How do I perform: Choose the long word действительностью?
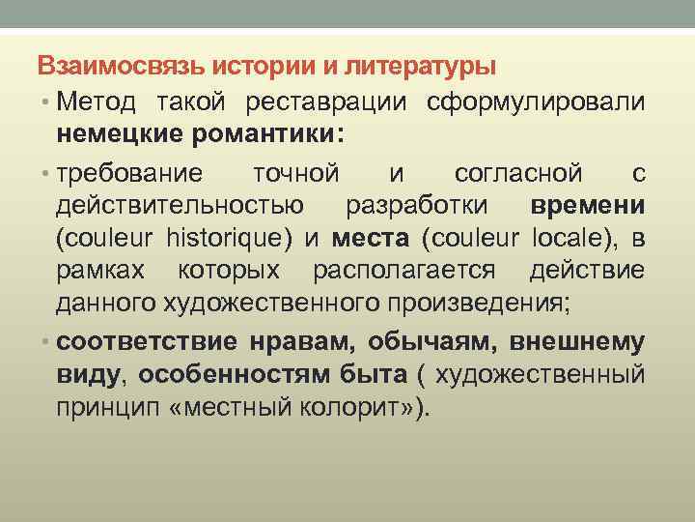180,207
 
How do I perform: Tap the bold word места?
371,239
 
